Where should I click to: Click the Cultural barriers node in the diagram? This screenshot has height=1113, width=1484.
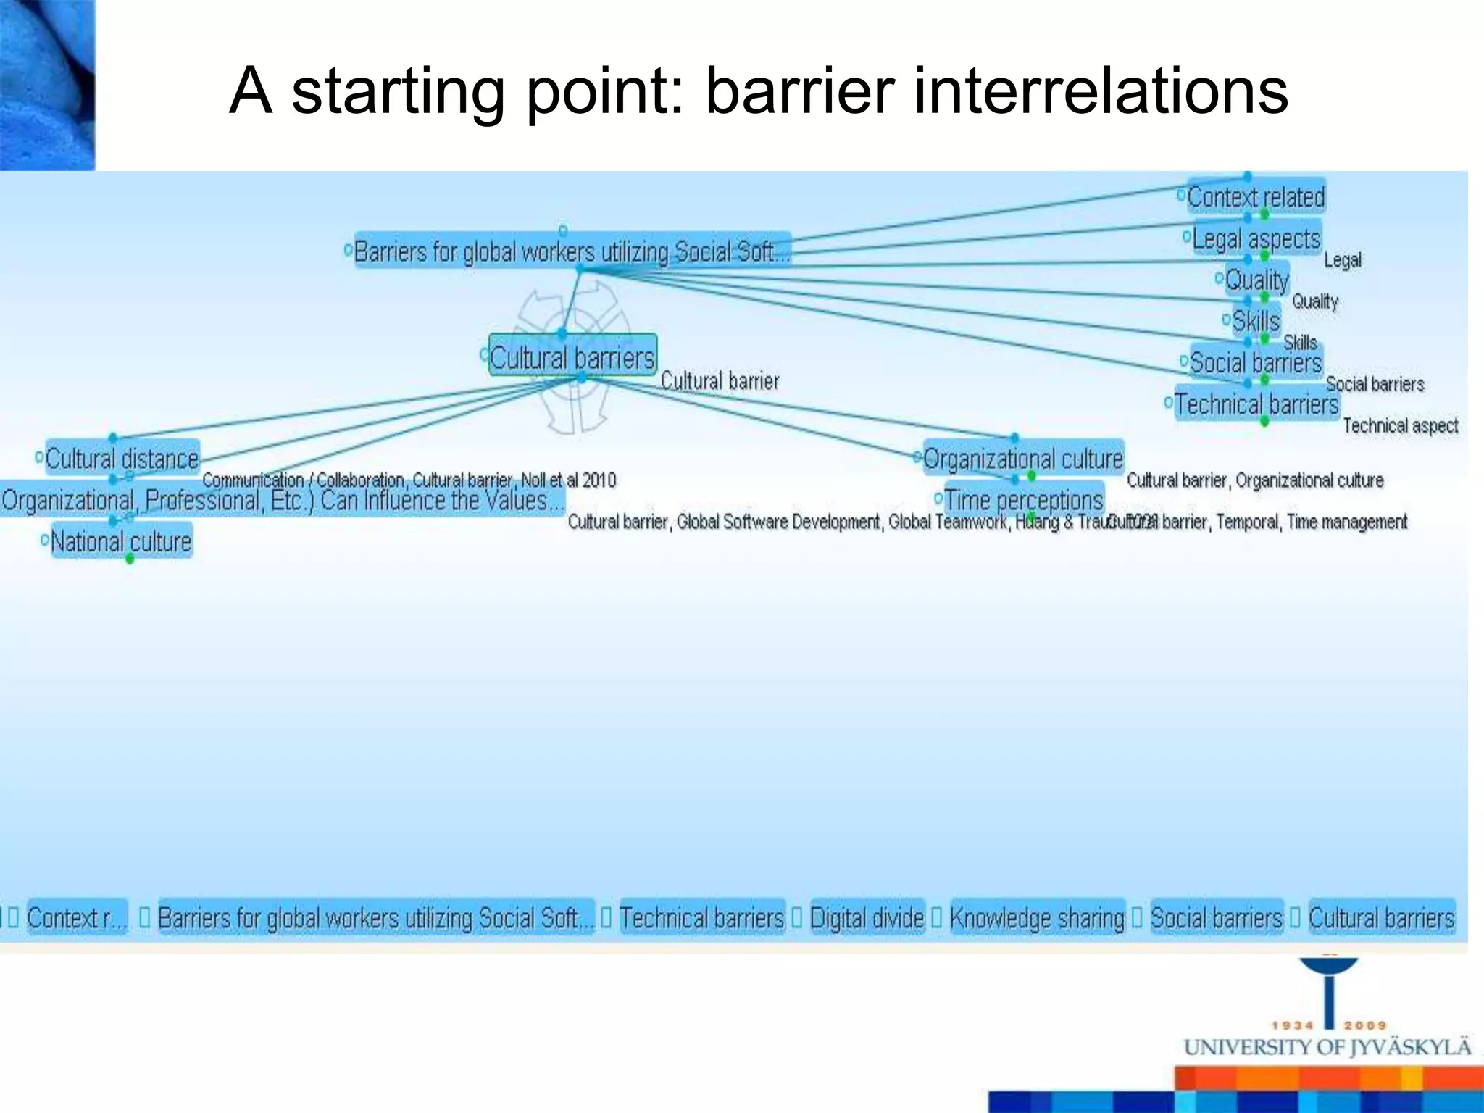[x=572, y=356]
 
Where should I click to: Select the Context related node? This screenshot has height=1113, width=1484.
[x=1256, y=197]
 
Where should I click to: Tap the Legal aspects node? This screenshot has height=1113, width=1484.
[x=1256, y=238]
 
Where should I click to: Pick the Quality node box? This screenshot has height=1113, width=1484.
[x=1256, y=280]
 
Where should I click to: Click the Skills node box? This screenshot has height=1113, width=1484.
[x=1256, y=321]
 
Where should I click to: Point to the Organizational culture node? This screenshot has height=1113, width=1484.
[x=1022, y=459]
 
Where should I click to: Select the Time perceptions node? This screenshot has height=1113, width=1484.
[x=1023, y=500]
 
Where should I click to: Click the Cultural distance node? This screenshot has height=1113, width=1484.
[x=122, y=459]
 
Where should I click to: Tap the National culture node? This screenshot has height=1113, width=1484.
[x=121, y=541]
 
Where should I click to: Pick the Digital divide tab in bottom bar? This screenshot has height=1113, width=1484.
[x=867, y=918]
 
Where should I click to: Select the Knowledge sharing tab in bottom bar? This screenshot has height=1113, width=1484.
[x=1037, y=918]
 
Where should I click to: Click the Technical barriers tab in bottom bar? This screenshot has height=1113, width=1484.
[x=701, y=918]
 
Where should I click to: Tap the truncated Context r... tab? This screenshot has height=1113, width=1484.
[x=76, y=918]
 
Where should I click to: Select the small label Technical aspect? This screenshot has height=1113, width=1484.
[x=1400, y=426]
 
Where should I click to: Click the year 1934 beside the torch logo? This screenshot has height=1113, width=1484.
[x=1293, y=1025]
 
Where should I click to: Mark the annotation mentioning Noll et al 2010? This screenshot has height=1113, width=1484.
[x=409, y=480]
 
